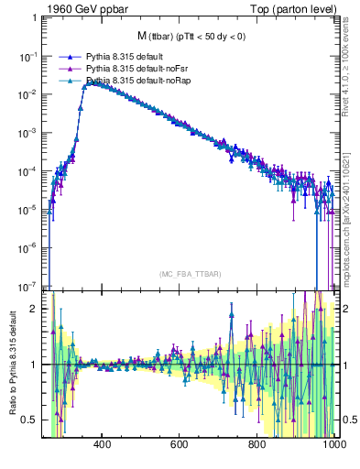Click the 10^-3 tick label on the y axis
[27, 132]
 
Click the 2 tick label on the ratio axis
[35, 309]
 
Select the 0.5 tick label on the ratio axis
[31, 420]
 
